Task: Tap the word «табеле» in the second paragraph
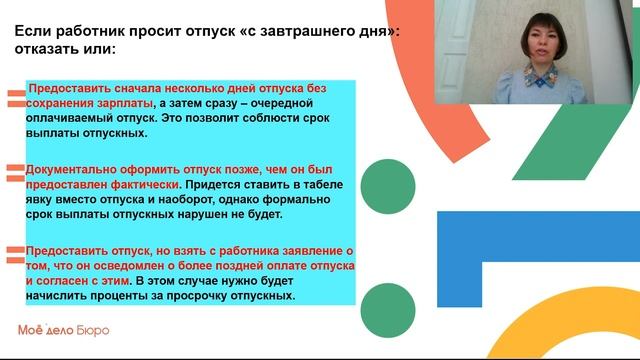(x=325, y=185)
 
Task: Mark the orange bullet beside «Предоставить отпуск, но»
(x=15, y=252)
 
